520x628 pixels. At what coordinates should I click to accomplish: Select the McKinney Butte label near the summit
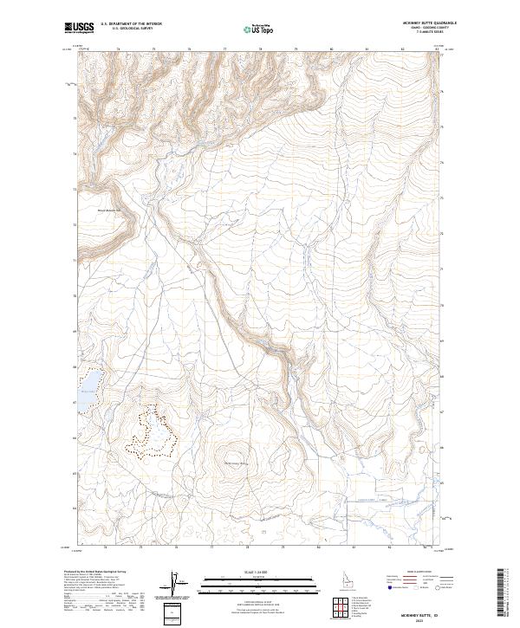[x=236, y=464]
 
